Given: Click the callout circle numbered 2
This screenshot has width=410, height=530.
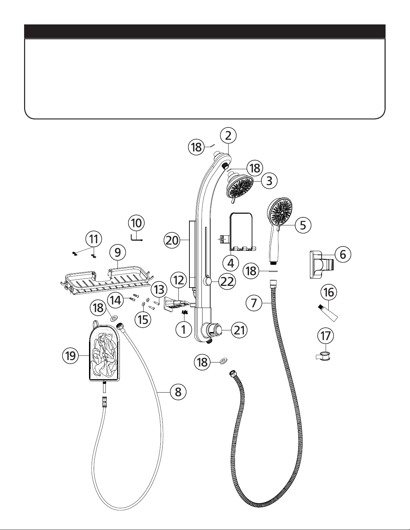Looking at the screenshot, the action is (x=228, y=135).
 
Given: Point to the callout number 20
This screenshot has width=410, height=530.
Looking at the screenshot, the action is (x=172, y=240).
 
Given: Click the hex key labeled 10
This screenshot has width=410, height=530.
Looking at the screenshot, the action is (x=136, y=237).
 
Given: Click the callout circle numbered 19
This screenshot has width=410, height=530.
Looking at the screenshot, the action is (x=71, y=356).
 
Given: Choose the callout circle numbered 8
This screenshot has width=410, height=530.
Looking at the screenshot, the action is (x=178, y=392).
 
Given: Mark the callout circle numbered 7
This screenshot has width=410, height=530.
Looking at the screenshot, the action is (x=254, y=303).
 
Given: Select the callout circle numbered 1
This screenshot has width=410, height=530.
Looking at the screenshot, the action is (x=183, y=329).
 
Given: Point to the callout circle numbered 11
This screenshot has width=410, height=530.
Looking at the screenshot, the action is (x=94, y=239).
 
